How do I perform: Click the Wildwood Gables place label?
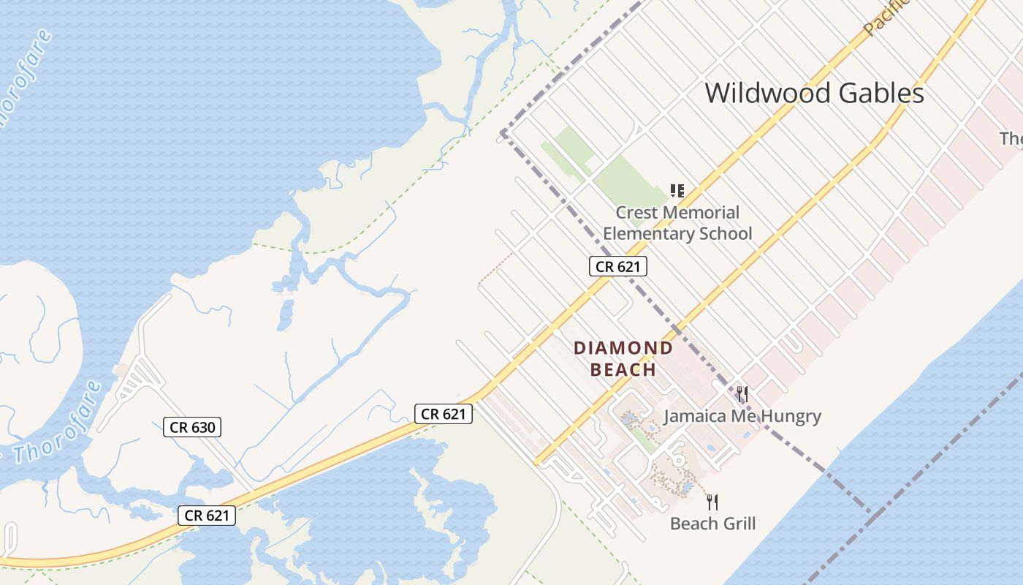click(814, 94)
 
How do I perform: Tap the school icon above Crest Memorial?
click(677, 191)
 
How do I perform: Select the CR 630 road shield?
click(191, 427)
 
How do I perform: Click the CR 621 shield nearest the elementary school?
click(617, 266)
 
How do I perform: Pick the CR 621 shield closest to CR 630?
click(207, 516)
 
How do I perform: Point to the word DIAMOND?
click(623, 348)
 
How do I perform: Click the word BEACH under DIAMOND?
click(623, 369)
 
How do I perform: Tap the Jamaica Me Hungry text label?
click(742, 417)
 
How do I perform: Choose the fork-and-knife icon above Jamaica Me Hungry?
click(742, 395)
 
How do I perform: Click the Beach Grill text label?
click(712, 524)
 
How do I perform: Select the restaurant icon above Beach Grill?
click(712, 502)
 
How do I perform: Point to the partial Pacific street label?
click(886, 16)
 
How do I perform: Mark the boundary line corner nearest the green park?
click(503, 133)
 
